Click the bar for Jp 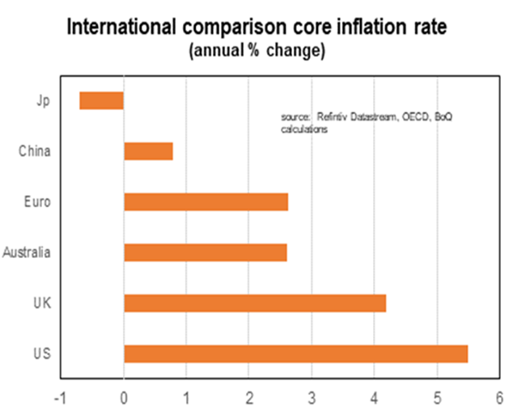(x=101, y=100)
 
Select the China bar (x=148, y=151)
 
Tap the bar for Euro (x=206, y=201)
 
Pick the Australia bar (x=205, y=252)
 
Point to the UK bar (x=255, y=303)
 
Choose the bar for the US (x=295, y=353)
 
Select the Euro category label (x=38, y=201)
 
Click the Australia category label (x=27, y=252)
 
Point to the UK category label (x=42, y=303)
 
